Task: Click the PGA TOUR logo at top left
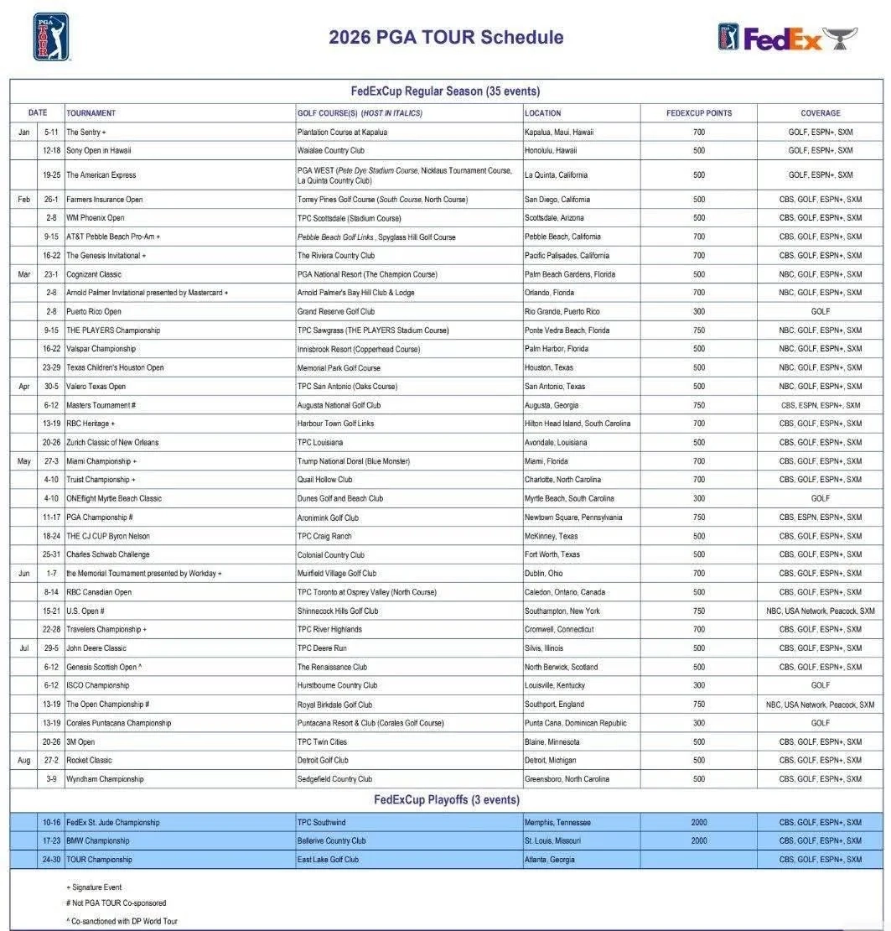click(x=51, y=37)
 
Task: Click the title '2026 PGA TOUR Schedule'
click(x=446, y=37)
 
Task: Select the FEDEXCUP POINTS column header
click(x=698, y=113)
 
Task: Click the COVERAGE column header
click(x=820, y=113)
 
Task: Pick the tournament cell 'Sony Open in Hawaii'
click(x=99, y=151)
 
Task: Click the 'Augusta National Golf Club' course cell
click(x=339, y=405)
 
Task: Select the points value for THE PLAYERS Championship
click(x=698, y=330)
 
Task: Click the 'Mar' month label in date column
click(x=23, y=274)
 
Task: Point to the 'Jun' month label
click(x=23, y=574)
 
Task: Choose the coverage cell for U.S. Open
click(x=820, y=611)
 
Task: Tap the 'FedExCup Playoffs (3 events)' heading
click(x=446, y=800)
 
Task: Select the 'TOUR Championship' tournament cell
click(x=99, y=860)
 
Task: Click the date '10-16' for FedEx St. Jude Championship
click(x=51, y=823)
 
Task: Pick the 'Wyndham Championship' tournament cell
click(x=105, y=779)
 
